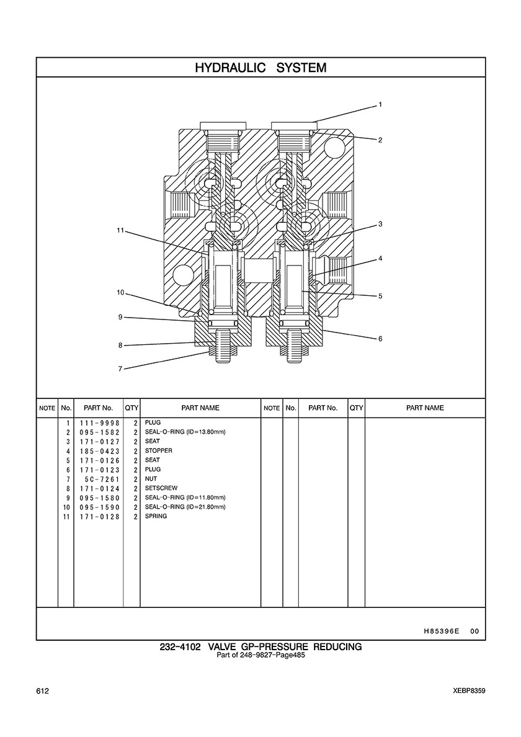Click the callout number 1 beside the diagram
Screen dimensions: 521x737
click(x=381, y=105)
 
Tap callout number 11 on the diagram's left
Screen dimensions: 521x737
click(x=120, y=230)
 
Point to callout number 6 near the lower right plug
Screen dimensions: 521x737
click(x=381, y=339)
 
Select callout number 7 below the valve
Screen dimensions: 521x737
click(x=120, y=369)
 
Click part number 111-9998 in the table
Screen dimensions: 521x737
click(x=100, y=423)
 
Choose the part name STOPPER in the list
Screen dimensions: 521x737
click(x=158, y=451)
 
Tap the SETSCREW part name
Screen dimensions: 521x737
click(x=161, y=488)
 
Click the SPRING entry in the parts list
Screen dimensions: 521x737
click(x=156, y=516)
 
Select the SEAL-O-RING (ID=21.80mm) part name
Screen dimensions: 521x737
click(x=185, y=507)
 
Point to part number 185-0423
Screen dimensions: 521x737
click(x=100, y=451)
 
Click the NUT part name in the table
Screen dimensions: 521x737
click(x=151, y=479)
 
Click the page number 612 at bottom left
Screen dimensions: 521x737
click(x=42, y=691)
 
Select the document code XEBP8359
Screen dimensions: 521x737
click(x=470, y=691)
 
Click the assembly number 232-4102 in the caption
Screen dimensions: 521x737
click(x=180, y=647)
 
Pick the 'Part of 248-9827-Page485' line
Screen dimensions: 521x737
click(x=260, y=655)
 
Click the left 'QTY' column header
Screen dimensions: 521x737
click(x=131, y=408)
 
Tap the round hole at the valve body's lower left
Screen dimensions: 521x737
click(x=183, y=274)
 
